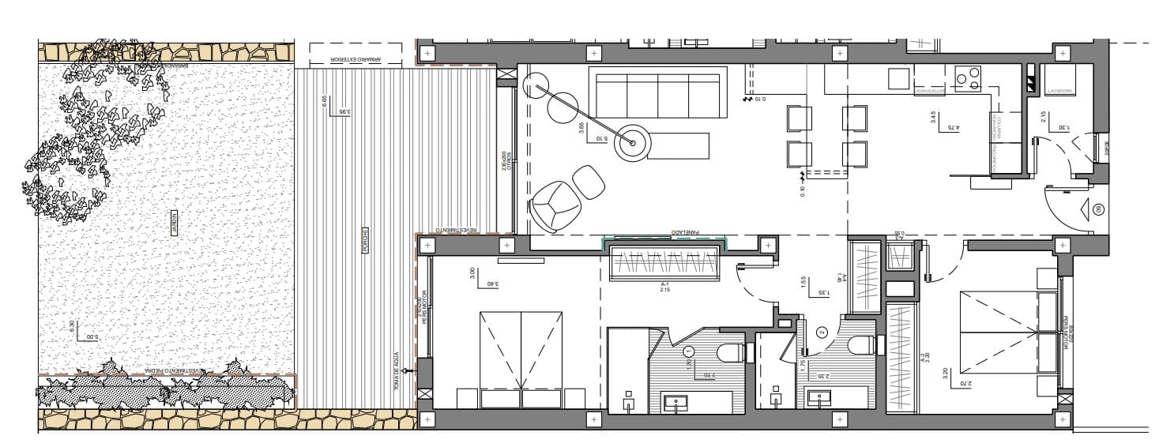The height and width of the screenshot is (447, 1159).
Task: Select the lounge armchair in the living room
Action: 555,205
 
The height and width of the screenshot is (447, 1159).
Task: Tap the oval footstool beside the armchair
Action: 589,182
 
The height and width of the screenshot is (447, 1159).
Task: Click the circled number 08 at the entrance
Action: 1099,209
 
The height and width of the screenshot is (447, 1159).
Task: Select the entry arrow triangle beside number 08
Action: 1083,209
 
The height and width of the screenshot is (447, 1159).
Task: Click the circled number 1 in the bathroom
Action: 689,351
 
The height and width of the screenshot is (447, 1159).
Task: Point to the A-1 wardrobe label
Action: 664,285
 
